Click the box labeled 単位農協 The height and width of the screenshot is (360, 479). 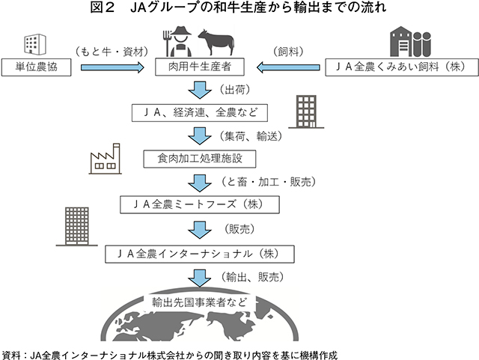coord(37,68)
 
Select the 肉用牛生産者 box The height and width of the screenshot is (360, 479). coord(199,68)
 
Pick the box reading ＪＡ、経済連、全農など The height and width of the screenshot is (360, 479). coord(199,113)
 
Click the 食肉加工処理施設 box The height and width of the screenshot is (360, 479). coord(199,159)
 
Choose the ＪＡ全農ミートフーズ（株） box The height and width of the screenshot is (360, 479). coord(199,204)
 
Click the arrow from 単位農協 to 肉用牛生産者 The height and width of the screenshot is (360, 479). coord(112,68)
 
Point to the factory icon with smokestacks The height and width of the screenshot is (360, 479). coord(105,157)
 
